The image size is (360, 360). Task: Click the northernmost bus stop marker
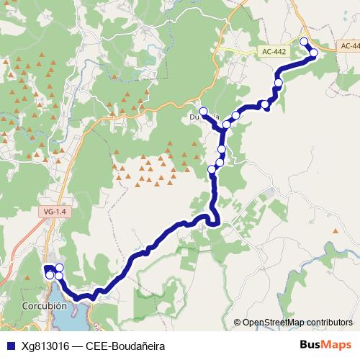coord(304,42)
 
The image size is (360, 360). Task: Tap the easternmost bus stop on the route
coord(313,53)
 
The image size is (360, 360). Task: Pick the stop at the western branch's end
coord(204,112)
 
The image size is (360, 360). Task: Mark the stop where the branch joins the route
coord(227,125)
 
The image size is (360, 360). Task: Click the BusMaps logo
coord(325,345)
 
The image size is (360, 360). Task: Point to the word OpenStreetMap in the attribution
coord(272,322)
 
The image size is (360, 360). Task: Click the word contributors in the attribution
coord(329,322)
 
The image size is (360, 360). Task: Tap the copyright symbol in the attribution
coord(238,322)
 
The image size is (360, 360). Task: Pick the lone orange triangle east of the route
coord(336,231)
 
